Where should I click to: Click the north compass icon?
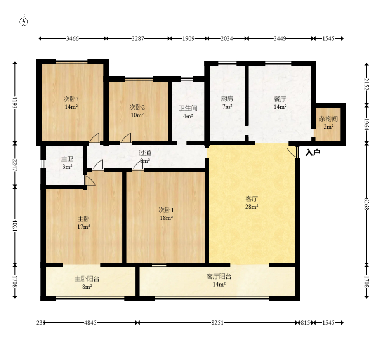click(24, 21)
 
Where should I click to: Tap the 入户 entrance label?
click(313, 153)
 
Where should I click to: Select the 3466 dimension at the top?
click(72, 38)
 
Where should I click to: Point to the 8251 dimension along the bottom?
click(217, 323)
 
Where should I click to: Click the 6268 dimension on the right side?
click(366, 204)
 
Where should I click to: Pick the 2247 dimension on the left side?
click(15, 165)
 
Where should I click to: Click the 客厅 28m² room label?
click(252, 203)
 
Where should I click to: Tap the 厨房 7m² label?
click(227, 103)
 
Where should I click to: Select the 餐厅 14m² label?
click(280, 103)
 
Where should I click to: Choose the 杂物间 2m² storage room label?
click(328, 123)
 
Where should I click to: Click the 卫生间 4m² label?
click(188, 112)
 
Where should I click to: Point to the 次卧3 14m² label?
click(71, 103)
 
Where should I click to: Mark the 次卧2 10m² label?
click(137, 111)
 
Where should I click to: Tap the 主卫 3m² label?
click(67, 163)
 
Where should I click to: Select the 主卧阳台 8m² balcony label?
click(87, 282)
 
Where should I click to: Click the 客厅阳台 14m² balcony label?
click(219, 280)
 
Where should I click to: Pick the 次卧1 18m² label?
click(166, 214)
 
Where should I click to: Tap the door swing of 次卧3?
click(94, 138)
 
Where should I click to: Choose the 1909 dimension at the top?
click(188, 38)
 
